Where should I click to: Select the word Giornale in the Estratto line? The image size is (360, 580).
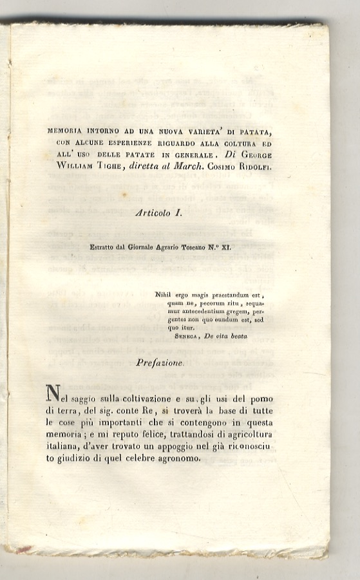pyautogui.click(x=141, y=247)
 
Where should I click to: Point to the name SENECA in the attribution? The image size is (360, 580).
pyautogui.click(x=188, y=336)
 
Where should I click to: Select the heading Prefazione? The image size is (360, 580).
pyautogui.click(x=160, y=362)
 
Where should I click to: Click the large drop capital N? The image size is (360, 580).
pyautogui.click(x=53, y=393)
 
